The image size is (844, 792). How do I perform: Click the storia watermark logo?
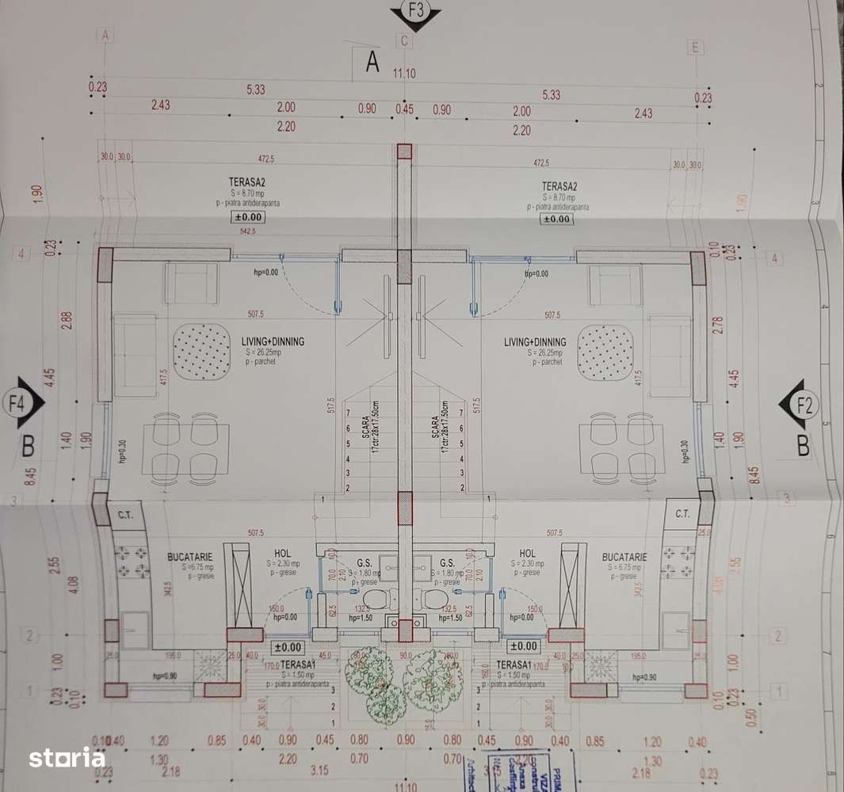tap(67, 758)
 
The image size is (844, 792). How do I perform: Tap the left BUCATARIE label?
tap(188, 558)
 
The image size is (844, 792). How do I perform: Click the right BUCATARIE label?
tap(624, 558)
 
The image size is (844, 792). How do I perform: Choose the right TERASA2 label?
tap(559, 187)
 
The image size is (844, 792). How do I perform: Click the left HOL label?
tap(283, 553)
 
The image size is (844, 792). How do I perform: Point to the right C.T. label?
tap(682, 513)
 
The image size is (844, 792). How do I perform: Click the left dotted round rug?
tap(201, 351)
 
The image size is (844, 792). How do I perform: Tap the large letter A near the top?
tap(372, 62)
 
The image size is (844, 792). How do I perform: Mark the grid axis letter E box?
tap(695, 48)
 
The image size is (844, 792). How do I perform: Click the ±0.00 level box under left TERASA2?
tap(248, 217)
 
